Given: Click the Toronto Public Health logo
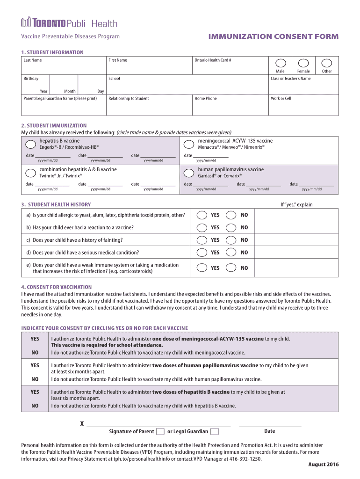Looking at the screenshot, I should (69, 23).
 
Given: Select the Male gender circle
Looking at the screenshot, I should (280, 63).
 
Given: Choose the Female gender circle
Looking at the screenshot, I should (303, 63).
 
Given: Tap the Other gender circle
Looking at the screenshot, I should (327, 63).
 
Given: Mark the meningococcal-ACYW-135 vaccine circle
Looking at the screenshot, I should (189, 144).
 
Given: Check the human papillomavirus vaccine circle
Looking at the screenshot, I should (189, 173).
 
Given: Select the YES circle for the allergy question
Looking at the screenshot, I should (202, 215).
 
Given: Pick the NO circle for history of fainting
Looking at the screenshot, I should (231, 240).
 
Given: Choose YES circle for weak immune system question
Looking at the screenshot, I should (202, 268).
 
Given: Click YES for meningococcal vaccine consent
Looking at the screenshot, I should (35, 339).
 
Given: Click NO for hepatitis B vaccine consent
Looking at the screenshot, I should (35, 406).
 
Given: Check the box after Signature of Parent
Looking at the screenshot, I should (160, 431).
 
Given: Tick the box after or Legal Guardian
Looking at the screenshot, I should (215, 431).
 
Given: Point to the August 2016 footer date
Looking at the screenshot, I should (324, 464).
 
